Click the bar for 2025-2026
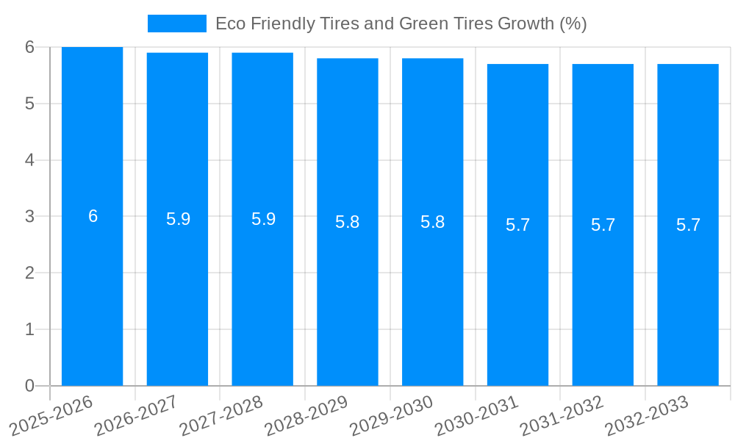coord(92,294)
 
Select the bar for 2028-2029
coord(348,294)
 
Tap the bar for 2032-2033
coord(688,294)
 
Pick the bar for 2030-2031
coord(517,294)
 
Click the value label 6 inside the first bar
coord(93,216)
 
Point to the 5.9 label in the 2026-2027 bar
coord(178,219)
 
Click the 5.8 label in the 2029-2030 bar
coord(432,222)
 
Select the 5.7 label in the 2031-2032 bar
coord(603,225)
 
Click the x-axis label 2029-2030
coord(392,415)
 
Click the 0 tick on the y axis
coord(29,386)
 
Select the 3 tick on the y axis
coord(29,216)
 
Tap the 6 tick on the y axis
coord(29,47)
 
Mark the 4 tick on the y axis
coord(29,160)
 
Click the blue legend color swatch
coord(176,24)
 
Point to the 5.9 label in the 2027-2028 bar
coord(263,219)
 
